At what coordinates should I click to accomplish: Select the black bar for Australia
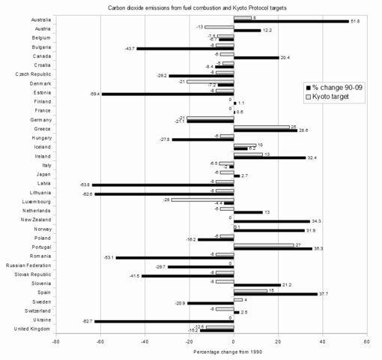291,22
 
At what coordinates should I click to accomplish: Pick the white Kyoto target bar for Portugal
264,244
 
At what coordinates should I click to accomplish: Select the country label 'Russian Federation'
28,265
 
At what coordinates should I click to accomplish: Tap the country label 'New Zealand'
36,220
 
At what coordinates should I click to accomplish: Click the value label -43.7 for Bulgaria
130,49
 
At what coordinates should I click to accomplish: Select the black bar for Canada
256,57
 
